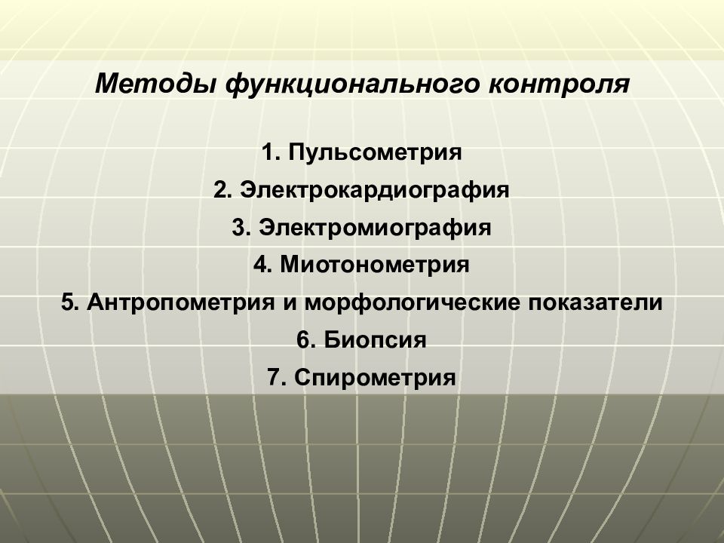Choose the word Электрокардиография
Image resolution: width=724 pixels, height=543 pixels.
pos(376,189)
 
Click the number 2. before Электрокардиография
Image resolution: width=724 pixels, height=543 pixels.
pos(222,189)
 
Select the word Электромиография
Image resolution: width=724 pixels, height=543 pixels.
pos(375,227)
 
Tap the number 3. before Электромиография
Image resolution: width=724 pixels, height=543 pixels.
pos(241,227)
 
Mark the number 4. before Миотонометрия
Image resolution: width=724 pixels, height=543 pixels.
pos(262,265)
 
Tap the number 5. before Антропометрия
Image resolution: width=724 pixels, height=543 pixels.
pos(70,302)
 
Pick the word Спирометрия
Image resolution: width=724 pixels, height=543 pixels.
pos(376,376)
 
